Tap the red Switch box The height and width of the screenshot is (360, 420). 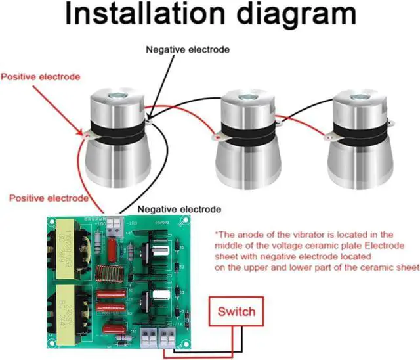point(236,311)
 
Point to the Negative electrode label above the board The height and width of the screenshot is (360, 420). point(179,210)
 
